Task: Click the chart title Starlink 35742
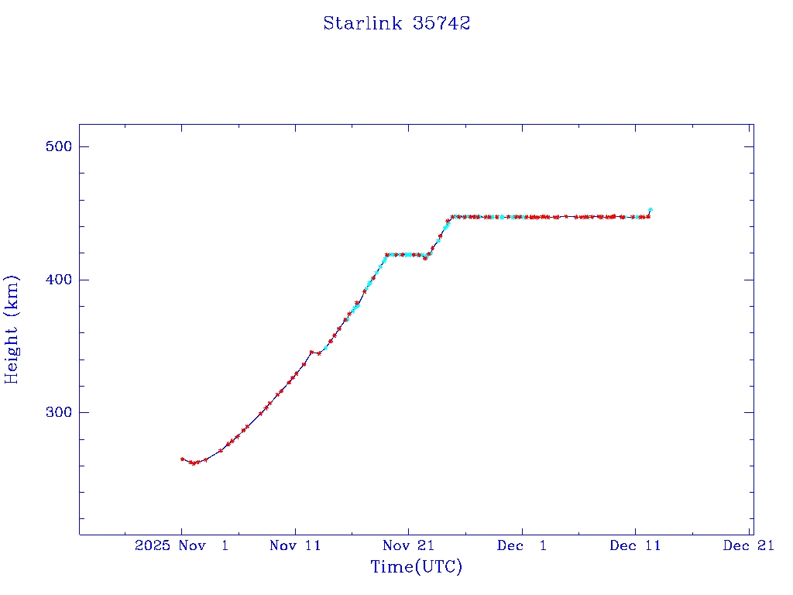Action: click(x=396, y=23)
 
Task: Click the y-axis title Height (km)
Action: click(x=12, y=329)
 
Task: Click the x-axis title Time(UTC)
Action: click(x=416, y=567)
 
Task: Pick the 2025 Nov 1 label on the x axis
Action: click(x=181, y=545)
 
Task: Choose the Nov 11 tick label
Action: click(x=295, y=545)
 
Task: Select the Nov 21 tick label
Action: click(x=408, y=545)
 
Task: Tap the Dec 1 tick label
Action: click(x=522, y=545)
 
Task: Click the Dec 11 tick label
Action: click(x=635, y=545)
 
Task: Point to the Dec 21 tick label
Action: click(x=749, y=545)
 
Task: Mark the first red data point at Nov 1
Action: click(x=182, y=459)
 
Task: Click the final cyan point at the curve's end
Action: click(x=651, y=209)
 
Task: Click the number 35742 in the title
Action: click(x=441, y=23)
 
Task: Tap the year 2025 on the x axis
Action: click(x=152, y=545)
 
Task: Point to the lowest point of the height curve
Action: click(x=193, y=463)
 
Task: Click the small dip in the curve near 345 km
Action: click(x=318, y=353)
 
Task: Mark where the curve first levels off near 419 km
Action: click(x=386, y=254)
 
